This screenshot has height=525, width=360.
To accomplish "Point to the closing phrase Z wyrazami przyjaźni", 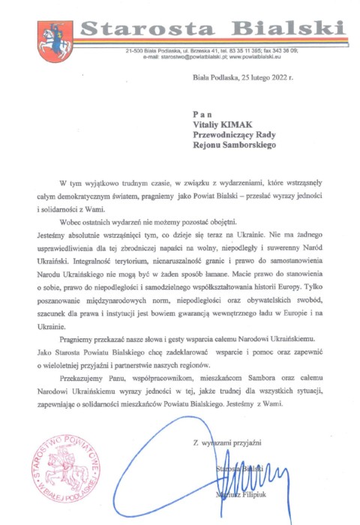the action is coord(226,445).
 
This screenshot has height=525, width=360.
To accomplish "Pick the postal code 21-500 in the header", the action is coord(134,50).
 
